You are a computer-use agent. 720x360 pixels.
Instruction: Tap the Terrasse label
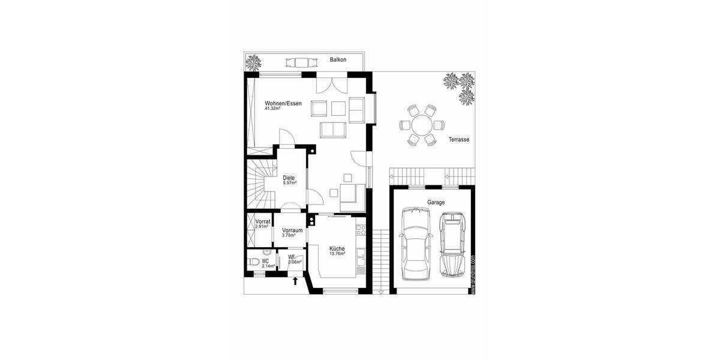pyautogui.click(x=458, y=140)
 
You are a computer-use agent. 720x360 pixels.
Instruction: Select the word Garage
pyautogui.click(x=436, y=203)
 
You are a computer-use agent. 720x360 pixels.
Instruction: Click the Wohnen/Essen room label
pyautogui.click(x=283, y=103)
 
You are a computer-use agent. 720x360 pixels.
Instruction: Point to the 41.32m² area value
pyautogui.click(x=275, y=109)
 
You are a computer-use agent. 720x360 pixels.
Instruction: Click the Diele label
pyautogui.click(x=289, y=177)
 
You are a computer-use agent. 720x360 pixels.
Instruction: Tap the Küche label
pyautogui.click(x=337, y=248)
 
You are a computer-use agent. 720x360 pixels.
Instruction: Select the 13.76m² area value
pyautogui.click(x=337, y=254)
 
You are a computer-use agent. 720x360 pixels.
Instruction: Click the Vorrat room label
pyautogui.click(x=262, y=222)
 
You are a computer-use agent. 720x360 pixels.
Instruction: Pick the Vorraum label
pyautogui.click(x=292, y=230)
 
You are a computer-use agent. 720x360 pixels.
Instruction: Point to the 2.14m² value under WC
pyautogui.click(x=268, y=266)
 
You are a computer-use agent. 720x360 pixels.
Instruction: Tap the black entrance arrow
pyautogui.click(x=295, y=280)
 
